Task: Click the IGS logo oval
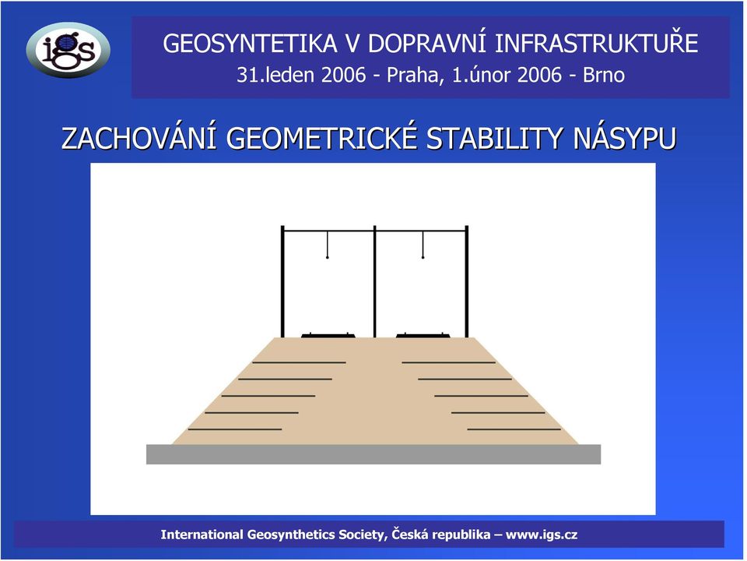coord(68,50)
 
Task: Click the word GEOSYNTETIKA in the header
coord(251,44)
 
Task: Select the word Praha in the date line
coord(412,75)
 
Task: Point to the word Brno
coord(604,75)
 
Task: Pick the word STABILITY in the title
coord(495,139)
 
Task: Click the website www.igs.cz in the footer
coord(542,535)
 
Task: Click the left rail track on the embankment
coord(328,335)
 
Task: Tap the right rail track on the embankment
coord(423,335)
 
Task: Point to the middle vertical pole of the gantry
coord(375,281)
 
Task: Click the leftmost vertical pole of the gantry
coord(282,281)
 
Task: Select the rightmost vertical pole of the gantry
coord(467,281)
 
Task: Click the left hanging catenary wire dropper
coord(328,245)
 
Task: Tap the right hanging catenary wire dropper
coord(423,245)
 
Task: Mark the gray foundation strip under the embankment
coord(373,454)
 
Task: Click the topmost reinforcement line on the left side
coord(299,362)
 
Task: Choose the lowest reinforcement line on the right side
coord(514,429)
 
